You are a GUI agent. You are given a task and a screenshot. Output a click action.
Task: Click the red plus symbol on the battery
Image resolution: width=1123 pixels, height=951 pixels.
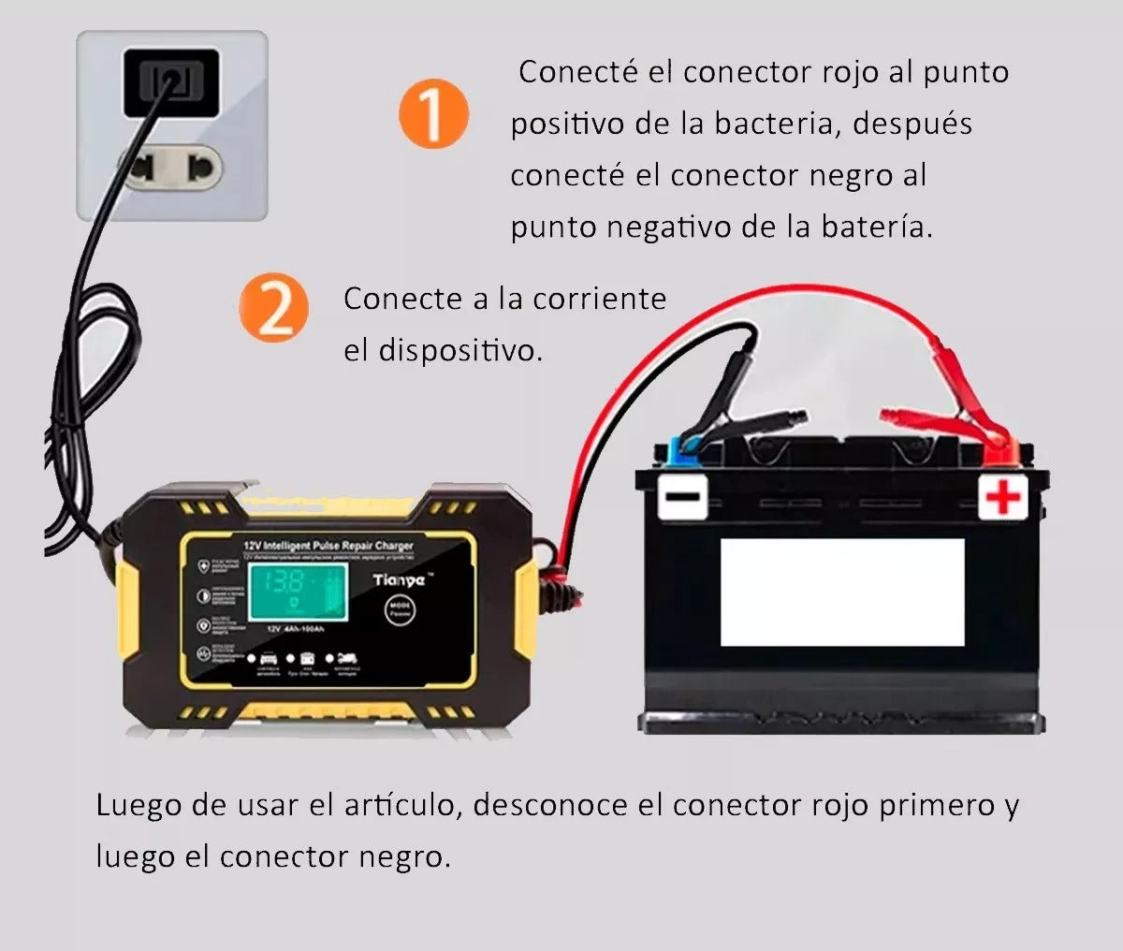click(x=1003, y=497)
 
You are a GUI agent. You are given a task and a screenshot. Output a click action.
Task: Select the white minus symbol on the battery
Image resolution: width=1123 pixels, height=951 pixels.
click(x=682, y=497)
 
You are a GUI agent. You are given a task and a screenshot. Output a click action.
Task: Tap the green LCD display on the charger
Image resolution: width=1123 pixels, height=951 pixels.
click(x=293, y=594)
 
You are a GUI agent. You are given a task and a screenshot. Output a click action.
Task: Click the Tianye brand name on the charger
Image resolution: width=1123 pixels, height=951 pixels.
click(x=399, y=580)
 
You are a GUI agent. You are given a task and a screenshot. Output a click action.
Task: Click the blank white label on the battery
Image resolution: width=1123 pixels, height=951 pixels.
click(x=841, y=593)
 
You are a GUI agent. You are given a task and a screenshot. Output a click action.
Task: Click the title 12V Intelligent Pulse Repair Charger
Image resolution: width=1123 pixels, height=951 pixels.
click(x=328, y=545)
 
